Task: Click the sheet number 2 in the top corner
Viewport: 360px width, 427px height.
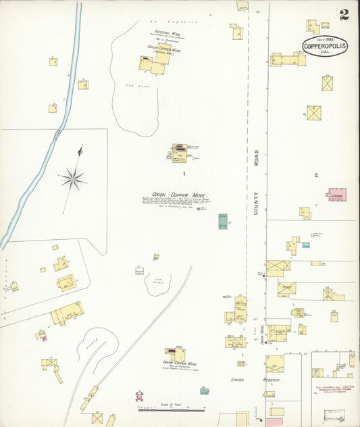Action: (344, 15)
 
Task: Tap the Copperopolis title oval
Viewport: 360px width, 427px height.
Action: (325, 46)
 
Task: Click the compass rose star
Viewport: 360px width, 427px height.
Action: (72, 178)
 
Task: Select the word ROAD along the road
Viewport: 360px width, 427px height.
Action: (257, 157)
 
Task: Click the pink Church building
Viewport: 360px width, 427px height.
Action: (336, 194)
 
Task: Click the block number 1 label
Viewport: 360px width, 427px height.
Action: (174, 174)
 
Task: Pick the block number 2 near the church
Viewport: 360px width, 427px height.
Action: (315, 175)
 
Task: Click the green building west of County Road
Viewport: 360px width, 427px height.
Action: (222, 221)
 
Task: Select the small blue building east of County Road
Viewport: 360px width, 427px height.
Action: (306, 245)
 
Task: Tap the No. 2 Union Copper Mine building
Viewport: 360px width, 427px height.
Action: (174, 355)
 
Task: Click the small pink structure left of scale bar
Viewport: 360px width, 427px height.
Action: (139, 395)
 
